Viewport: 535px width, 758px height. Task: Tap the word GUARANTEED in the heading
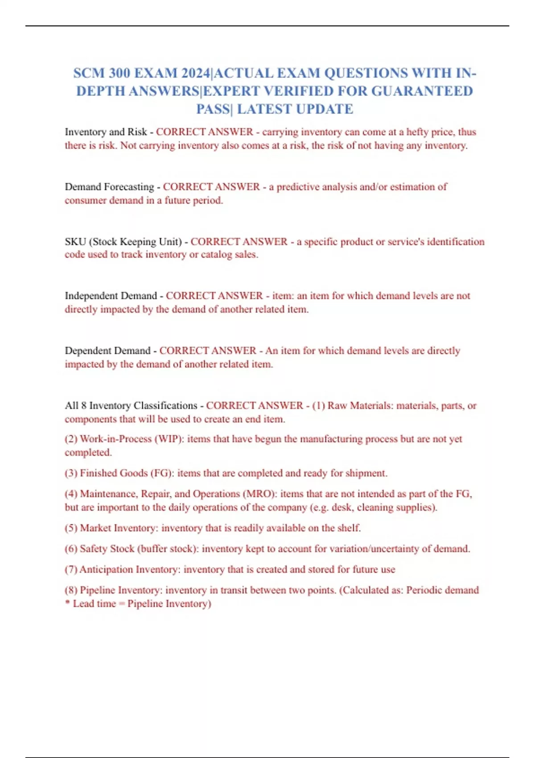click(x=422, y=91)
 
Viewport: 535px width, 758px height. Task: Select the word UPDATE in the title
click(x=325, y=109)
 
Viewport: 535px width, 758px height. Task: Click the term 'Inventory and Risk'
click(x=106, y=132)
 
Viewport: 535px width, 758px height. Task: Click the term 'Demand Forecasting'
click(x=109, y=187)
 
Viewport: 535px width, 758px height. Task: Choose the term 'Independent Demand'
click(x=111, y=296)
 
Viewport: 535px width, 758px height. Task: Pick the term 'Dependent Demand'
click(x=107, y=351)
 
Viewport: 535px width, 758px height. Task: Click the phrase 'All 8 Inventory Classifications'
click(x=131, y=406)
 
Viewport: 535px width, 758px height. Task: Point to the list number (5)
click(x=71, y=528)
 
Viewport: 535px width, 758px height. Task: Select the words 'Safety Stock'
click(x=107, y=549)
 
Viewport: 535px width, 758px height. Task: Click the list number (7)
click(x=71, y=570)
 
